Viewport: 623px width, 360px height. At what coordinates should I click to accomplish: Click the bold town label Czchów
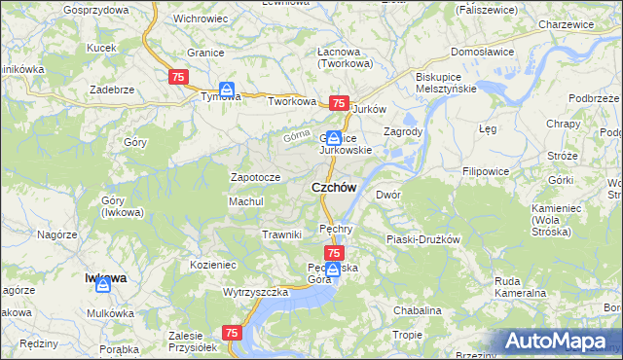[333, 187]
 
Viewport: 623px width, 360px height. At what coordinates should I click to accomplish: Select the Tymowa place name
[220, 97]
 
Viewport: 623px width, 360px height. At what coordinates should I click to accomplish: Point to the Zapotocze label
[255, 178]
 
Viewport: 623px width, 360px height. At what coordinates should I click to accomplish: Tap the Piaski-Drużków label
[422, 239]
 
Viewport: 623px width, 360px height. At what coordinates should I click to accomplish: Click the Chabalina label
[418, 310]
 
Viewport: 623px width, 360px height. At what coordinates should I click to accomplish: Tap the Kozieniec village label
[213, 264]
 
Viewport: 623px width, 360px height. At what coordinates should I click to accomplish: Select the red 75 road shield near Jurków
[339, 103]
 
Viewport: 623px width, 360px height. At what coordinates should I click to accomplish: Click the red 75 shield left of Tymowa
[178, 77]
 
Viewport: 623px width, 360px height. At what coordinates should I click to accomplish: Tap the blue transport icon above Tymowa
[226, 90]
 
